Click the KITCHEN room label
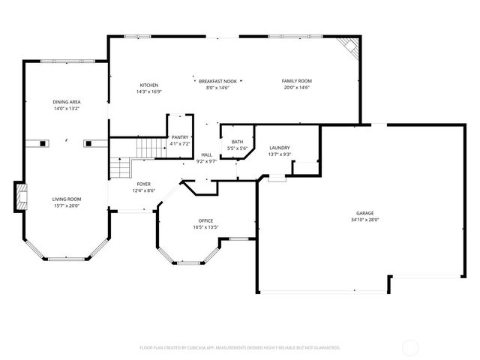[148, 85]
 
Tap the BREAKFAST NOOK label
[217, 80]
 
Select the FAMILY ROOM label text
[296, 80]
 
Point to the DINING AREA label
[66, 101]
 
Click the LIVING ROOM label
[66, 199]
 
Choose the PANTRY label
[180, 137]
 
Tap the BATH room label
[237, 142]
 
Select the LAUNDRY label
[279, 148]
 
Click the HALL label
[206, 154]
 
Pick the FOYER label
[144, 184]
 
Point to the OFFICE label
[205, 220]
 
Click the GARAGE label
[365, 213]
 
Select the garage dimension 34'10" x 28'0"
[365, 220]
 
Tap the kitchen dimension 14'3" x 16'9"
[148, 92]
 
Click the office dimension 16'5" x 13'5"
[205, 227]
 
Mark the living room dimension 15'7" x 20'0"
[66, 205]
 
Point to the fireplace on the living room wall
[21, 197]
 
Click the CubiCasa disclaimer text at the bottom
[240, 347]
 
